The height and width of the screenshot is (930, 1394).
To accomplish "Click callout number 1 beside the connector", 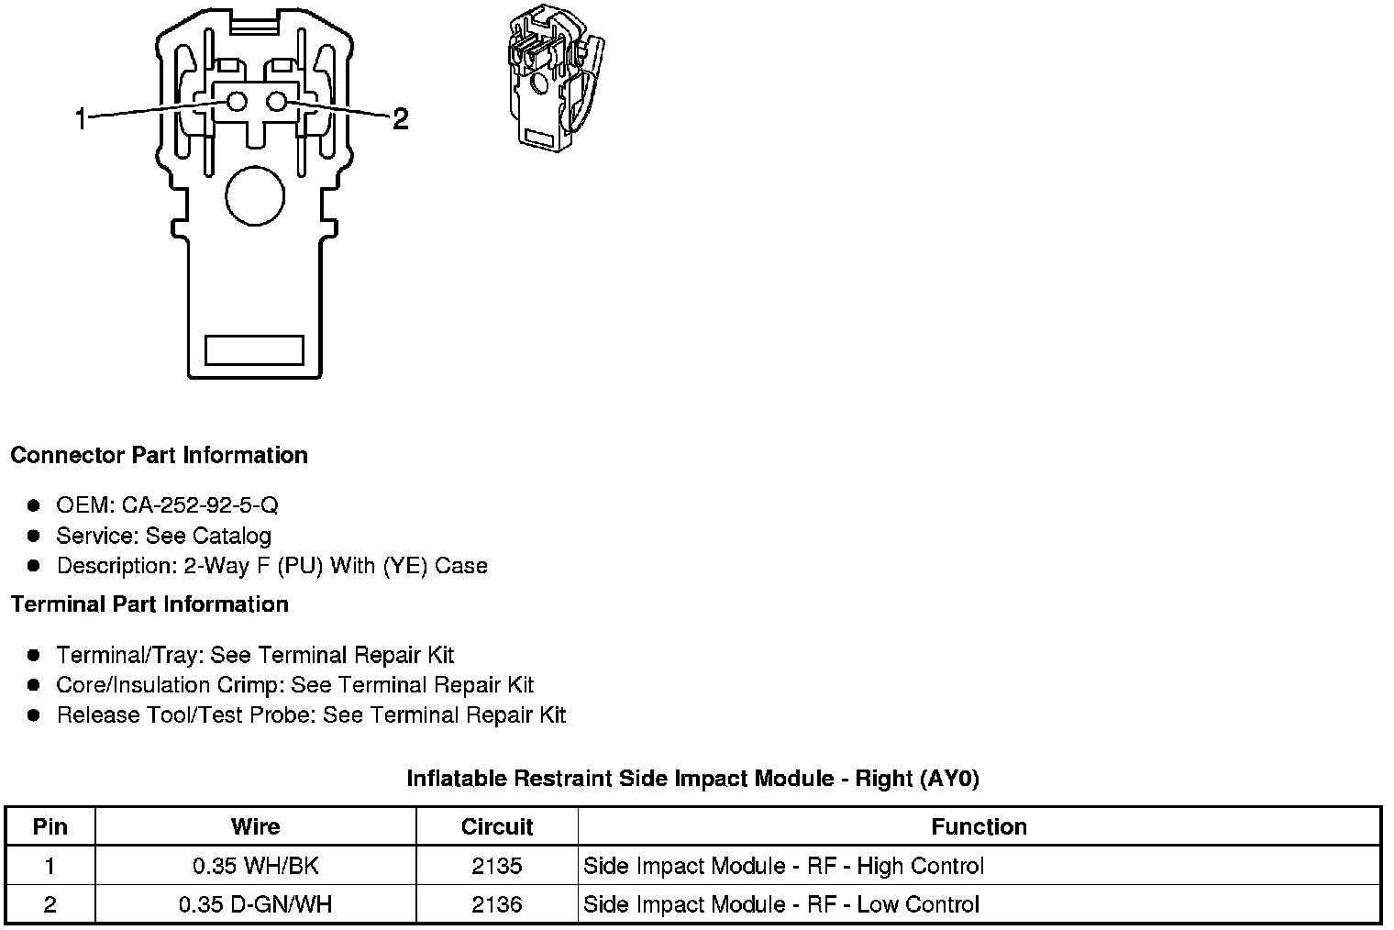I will coord(81,118).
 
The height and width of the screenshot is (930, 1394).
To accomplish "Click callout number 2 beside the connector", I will coord(400,118).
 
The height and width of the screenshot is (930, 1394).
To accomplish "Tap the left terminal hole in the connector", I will coord(237,102).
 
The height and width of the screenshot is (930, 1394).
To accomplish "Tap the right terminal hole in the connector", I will coord(278,102).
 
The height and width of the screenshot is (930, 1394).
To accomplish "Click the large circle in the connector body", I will coord(255,196).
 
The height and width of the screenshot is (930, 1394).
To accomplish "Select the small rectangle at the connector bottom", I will coord(254,349).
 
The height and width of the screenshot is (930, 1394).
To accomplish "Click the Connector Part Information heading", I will coord(159,456).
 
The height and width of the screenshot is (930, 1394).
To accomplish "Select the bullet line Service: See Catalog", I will coord(163,536).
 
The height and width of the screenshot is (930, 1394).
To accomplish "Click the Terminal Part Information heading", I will coord(149,604).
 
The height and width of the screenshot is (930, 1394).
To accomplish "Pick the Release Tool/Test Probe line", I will coord(311,715).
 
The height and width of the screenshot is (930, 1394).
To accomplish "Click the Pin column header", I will coord(50,826).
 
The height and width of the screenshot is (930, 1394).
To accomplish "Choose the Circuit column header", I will coord(497,826).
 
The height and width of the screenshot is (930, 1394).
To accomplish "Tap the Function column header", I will coord(979,826).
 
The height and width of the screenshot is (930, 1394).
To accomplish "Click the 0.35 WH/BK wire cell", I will coord(255,866).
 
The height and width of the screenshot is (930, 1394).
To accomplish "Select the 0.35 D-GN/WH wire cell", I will coord(255,904).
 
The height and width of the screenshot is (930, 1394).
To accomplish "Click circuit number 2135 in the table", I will coord(497,866).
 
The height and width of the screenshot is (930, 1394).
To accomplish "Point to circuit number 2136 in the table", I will coord(497,904).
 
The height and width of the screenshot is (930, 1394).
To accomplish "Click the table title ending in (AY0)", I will coord(692,779).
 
